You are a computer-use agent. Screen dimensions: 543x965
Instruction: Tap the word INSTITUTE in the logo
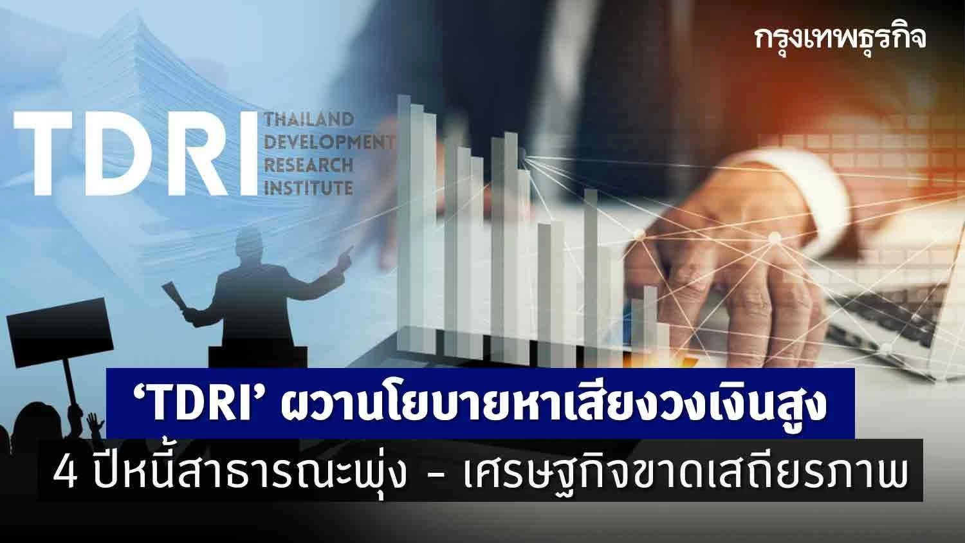click(x=309, y=188)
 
